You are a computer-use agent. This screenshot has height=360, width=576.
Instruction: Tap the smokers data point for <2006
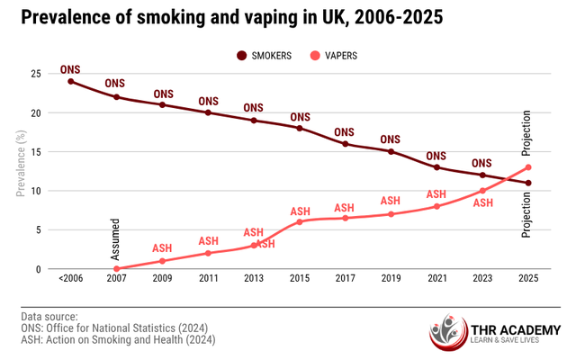70,82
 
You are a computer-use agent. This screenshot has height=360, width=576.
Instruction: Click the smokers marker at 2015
299,129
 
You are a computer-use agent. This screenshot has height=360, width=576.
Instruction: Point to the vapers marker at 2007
116,269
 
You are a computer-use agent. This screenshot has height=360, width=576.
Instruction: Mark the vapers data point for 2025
528,167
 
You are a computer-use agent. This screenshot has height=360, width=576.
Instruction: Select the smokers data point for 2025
528,184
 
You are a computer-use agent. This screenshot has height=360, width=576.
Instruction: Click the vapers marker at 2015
299,222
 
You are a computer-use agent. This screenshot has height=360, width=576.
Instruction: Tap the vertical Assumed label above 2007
116,238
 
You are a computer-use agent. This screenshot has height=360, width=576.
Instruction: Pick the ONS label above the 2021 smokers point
436,155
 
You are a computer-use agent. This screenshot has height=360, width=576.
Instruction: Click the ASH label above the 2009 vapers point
162,248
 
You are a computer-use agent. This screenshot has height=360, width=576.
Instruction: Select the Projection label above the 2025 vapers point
528,133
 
